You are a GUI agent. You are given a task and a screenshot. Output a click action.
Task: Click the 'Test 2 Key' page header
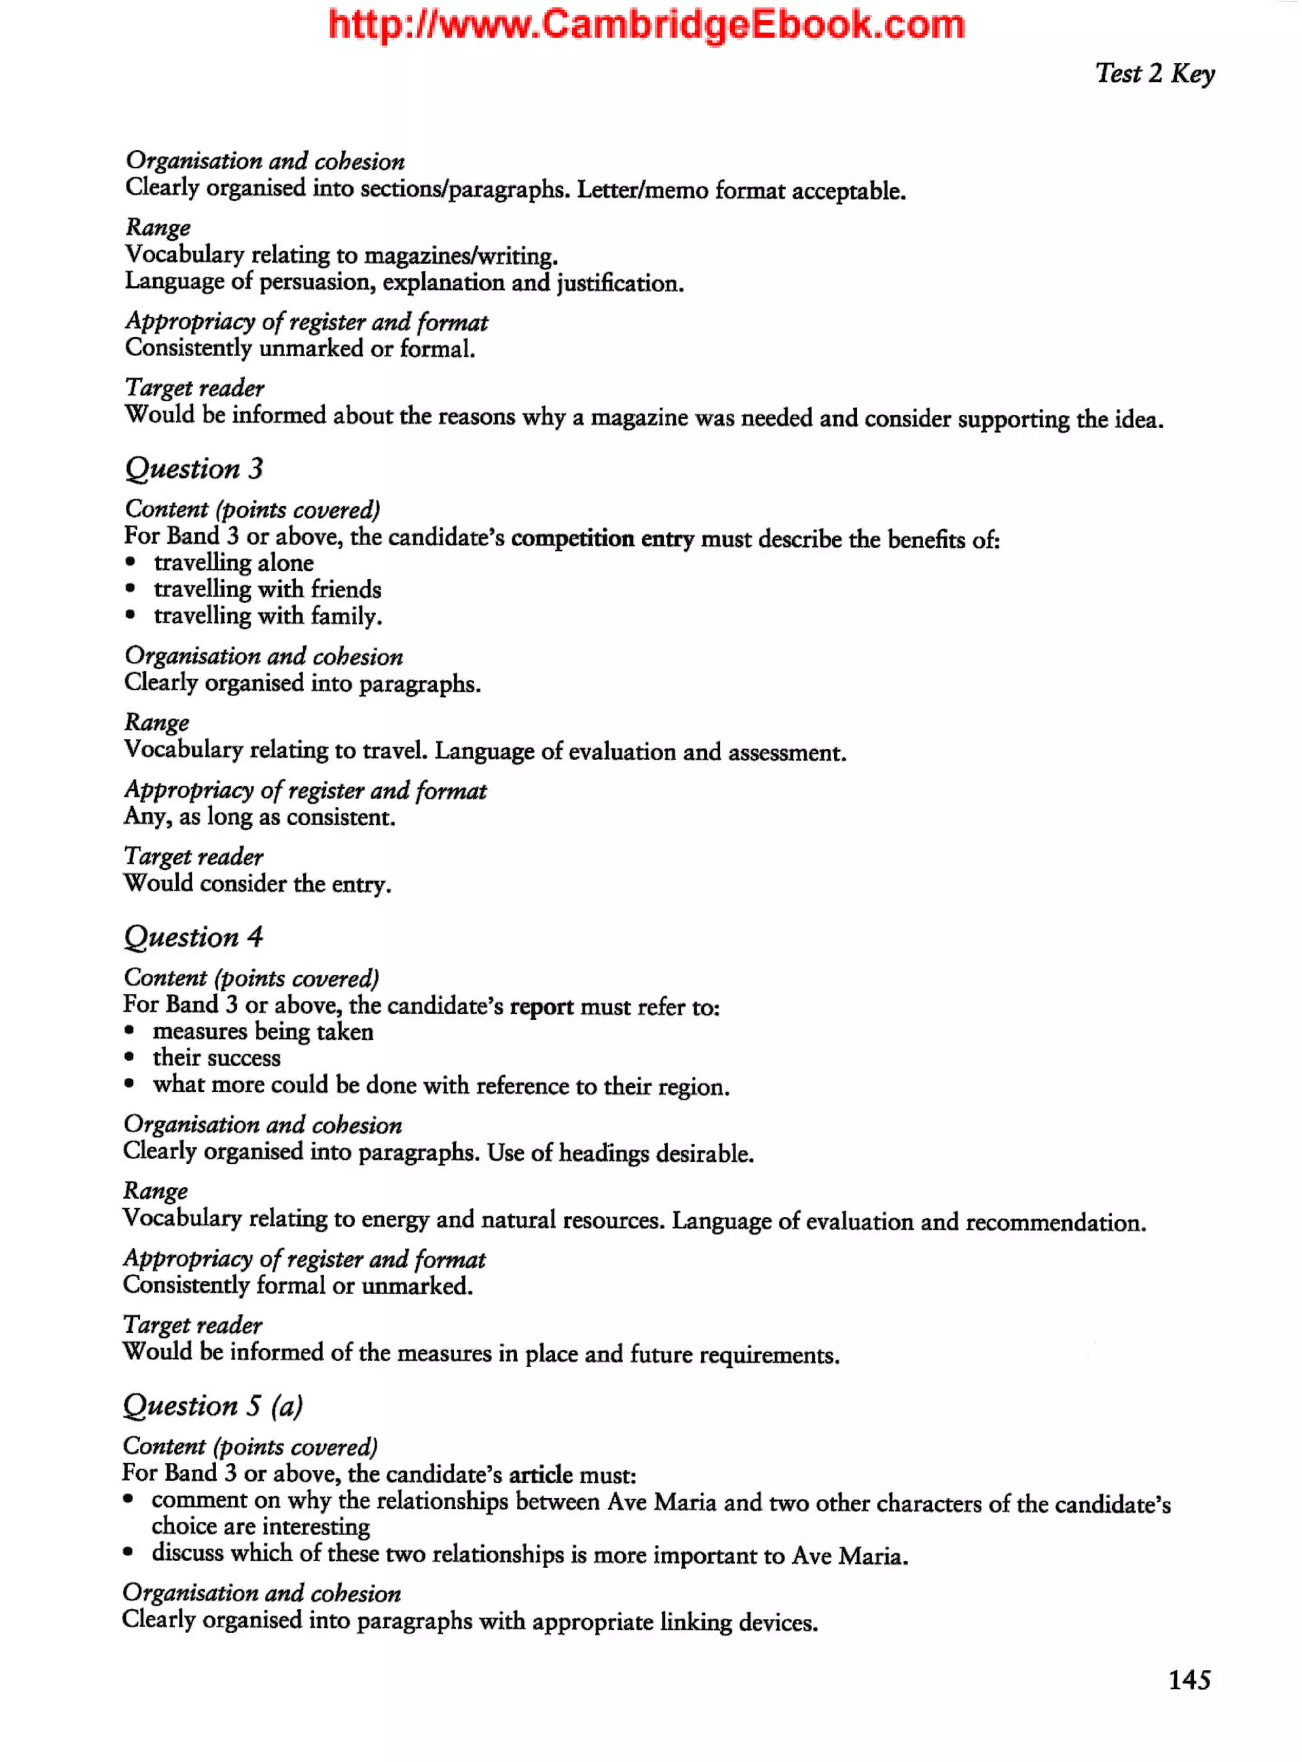(x=1154, y=73)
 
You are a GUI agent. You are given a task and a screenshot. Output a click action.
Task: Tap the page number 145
(x=1188, y=1679)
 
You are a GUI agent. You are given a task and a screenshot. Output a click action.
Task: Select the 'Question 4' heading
(x=193, y=937)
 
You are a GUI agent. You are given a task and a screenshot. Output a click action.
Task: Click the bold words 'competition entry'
(x=602, y=539)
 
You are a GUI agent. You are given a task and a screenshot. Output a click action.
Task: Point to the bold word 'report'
(x=542, y=1007)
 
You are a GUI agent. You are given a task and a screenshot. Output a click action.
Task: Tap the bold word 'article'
(x=540, y=1474)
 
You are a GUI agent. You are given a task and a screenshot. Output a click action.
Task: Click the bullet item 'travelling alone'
(x=233, y=563)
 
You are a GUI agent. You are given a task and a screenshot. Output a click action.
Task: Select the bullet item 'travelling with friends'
(x=267, y=589)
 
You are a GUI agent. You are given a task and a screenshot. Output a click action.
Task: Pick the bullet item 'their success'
(x=216, y=1058)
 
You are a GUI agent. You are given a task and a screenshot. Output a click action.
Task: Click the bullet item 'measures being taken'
(x=263, y=1031)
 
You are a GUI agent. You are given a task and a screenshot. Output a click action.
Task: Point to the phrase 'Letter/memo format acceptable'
(x=740, y=191)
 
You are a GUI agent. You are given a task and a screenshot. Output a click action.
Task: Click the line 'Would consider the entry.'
(x=257, y=884)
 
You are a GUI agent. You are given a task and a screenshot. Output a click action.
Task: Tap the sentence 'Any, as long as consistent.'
(x=259, y=816)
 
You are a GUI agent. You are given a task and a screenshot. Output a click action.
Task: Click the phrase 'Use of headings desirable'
(x=619, y=1153)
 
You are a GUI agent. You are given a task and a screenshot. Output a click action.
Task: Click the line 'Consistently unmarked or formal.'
(x=299, y=348)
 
